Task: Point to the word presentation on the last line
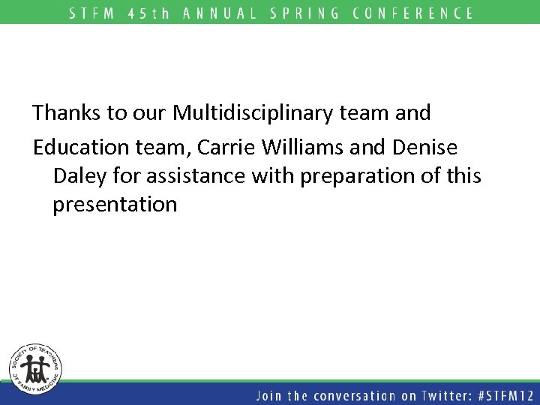tap(115, 205)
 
